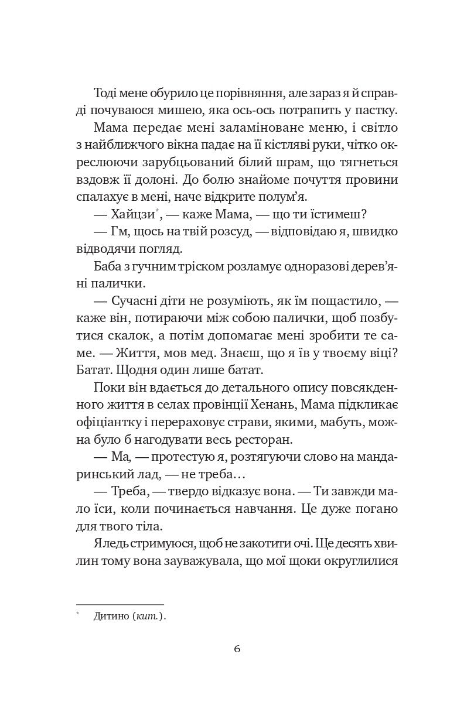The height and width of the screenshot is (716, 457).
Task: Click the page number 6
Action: click(x=237, y=649)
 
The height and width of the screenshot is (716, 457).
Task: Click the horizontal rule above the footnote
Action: click(x=120, y=604)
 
